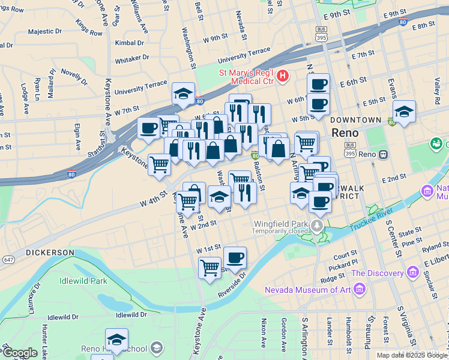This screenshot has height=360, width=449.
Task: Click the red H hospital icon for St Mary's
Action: [x=283, y=76]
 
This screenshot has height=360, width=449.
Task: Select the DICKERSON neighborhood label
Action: [x=50, y=253]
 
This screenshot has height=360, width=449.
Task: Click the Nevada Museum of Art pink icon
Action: [x=360, y=290]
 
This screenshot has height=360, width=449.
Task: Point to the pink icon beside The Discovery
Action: [x=412, y=273]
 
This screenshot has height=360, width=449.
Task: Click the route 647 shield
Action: [x=8, y=260]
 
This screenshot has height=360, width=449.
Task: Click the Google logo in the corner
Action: [x=19, y=353]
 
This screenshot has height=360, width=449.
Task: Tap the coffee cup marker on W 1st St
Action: [x=235, y=258]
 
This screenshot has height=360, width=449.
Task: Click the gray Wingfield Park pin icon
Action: [x=316, y=226]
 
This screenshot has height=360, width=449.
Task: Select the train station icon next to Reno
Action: [x=382, y=155]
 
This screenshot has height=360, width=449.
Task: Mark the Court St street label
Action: [x=346, y=254]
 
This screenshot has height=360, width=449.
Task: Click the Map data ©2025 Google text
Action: [x=412, y=355]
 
